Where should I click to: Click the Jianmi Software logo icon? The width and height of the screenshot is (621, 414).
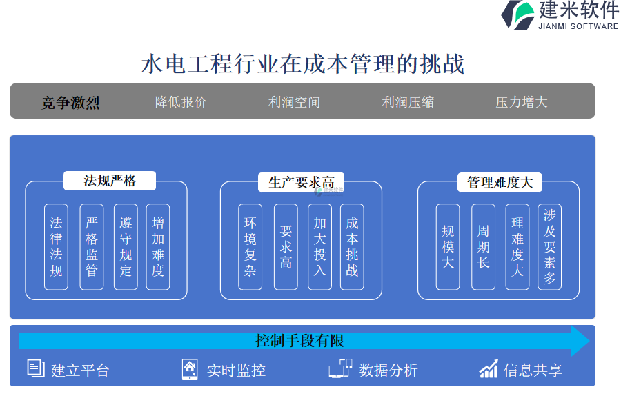[517, 15]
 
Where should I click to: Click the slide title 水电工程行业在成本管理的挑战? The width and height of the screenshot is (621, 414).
[303, 64]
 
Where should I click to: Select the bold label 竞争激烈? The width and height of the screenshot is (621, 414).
[70, 103]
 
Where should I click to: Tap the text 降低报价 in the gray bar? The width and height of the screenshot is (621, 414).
[181, 102]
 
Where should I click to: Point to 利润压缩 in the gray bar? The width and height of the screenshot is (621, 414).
[408, 102]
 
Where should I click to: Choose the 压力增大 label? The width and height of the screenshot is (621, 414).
[521, 102]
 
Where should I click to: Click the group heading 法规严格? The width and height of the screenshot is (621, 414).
[110, 181]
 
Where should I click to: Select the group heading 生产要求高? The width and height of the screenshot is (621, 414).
[301, 182]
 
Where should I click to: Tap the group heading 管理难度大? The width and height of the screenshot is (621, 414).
[500, 182]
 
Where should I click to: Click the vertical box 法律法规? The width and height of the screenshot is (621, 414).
[56, 246]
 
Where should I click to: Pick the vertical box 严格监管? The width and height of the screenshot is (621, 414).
[92, 246]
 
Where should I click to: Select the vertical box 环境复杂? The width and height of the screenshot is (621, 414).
[250, 246]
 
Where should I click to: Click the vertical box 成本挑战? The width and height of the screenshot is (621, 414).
[352, 246]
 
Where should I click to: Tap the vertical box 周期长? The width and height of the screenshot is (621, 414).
[483, 246]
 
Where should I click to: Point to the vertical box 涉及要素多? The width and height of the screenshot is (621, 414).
[549, 246]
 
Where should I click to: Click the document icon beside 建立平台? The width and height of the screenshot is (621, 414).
[36, 368]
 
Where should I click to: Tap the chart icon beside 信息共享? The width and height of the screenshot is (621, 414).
[489, 368]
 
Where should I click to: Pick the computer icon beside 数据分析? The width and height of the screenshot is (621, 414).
[340, 368]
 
